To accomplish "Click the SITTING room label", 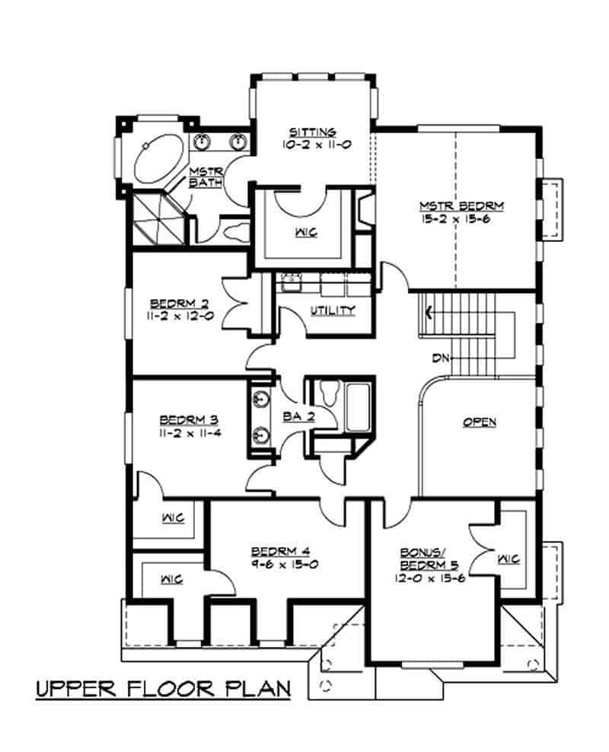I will point(313,131).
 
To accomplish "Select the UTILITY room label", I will point(332,310).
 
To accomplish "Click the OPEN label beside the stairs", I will point(480,422).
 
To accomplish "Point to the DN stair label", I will point(440,358).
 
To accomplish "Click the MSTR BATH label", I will point(204,177).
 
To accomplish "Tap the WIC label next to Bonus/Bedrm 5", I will point(508,559).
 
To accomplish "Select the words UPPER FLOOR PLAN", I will point(164,690).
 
